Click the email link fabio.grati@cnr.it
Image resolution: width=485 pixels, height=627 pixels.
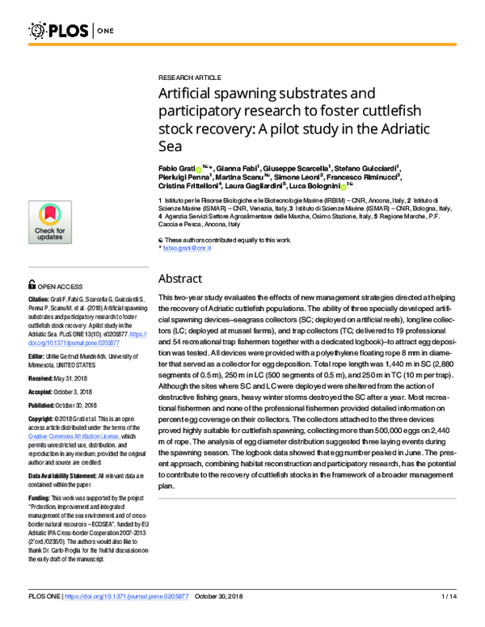coord(188,249)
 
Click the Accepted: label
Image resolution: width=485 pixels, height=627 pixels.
coord(44,392)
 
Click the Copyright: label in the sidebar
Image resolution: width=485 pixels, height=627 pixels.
coord(44,419)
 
